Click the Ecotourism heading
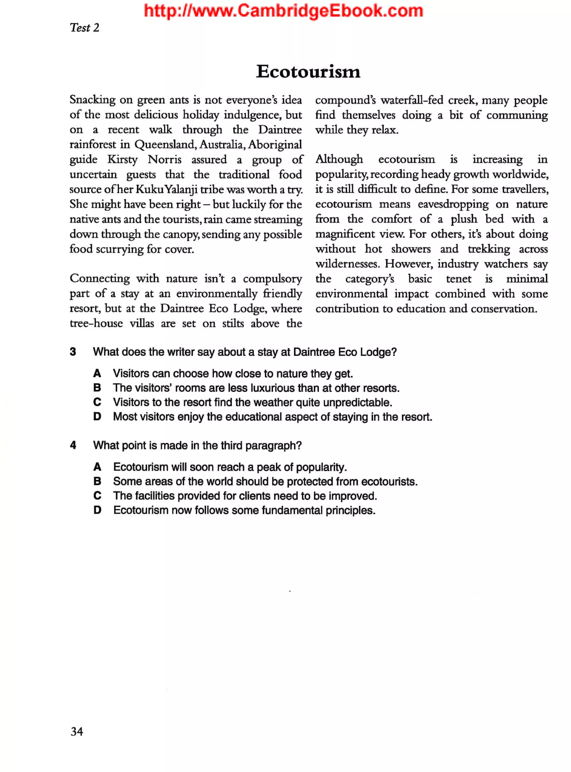coord(308,72)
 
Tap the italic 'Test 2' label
coord(84,28)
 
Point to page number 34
coord(77,731)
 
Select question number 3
coord(73,352)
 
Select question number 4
coord(73,445)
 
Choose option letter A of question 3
coord(97,373)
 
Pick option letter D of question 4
coord(98,510)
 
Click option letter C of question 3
coord(97,402)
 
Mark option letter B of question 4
coord(98,481)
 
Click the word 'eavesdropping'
coord(453,204)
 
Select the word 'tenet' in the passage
coord(458,279)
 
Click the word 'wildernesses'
coord(347,264)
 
